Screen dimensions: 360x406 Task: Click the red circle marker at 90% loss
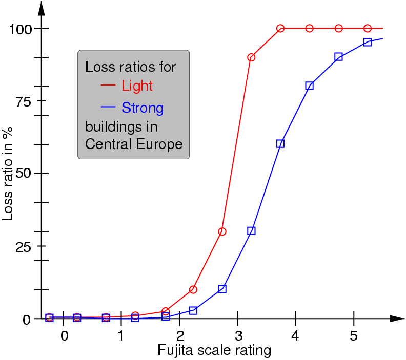(x=251, y=57)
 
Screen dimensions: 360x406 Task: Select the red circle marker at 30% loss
(x=222, y=231)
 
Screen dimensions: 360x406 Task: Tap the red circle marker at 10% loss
(x=193, y=290)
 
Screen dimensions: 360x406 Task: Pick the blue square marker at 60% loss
(x=280, y=144)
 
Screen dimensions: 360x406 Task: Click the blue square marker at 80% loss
(x=310, y=86)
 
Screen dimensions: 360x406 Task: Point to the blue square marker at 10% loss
(x=222, y=289)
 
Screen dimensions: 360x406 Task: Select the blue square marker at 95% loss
(x=368, y=42)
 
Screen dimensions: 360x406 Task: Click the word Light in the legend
(x=137, y=86)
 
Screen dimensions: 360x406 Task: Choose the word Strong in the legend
(x=143, y=108)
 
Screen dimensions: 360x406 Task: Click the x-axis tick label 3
(x=237, y=336)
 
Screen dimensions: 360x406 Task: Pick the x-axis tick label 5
(x=354, y=336)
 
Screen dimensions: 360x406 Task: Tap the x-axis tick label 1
(x=121, y=336)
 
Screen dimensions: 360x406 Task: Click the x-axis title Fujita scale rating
(x=214, y=350)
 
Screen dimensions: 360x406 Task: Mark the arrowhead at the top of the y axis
(x=42, y=8)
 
